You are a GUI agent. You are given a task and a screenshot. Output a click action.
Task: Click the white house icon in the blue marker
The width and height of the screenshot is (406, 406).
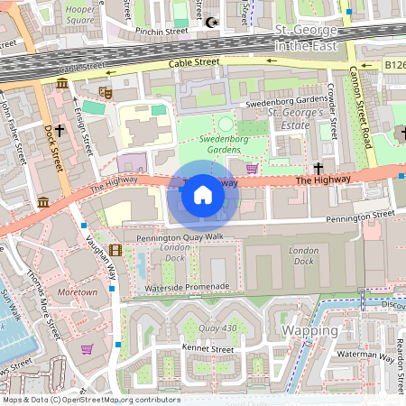tap(203, 194)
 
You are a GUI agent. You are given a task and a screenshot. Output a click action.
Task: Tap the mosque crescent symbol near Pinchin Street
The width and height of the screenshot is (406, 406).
tap(212, 22)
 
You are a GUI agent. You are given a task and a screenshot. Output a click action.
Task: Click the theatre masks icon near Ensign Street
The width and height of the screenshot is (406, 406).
tap(105, 91)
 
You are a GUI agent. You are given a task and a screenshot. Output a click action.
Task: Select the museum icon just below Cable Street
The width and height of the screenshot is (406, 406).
tap(61, 84)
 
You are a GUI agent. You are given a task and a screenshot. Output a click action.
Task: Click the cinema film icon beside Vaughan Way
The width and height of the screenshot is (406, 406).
tap(115, 250)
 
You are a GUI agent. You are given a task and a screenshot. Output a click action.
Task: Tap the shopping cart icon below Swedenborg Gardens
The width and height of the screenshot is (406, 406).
tap(251, 168)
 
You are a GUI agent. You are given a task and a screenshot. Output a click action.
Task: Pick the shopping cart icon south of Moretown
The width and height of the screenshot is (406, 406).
tap(87, 349)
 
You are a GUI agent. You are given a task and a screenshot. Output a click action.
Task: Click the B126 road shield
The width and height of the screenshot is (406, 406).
tap(394, 65)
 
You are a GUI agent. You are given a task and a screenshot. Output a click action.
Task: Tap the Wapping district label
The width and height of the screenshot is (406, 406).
tap(309, 330)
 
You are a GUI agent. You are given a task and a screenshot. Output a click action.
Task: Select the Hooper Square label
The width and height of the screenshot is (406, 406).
tap(80, 13)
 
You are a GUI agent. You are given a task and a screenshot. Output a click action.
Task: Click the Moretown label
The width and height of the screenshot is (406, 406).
tap(77, 293)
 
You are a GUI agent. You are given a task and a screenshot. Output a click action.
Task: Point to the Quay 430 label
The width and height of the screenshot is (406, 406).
tap(218, 328)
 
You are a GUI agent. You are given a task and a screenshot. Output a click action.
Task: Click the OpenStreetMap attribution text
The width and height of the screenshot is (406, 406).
tap(90, 399)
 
